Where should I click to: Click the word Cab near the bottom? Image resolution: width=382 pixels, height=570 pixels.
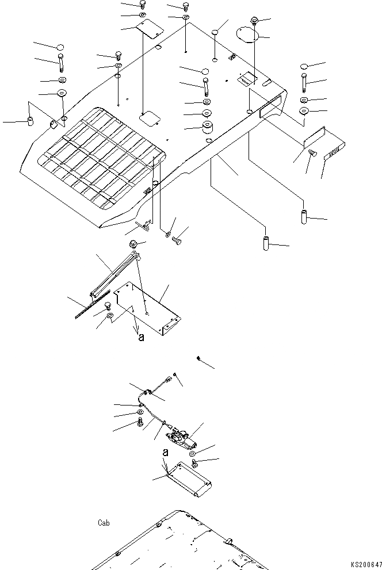pyautogui.click(x=104, y=523)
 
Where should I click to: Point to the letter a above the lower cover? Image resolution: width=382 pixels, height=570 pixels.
pyautogui.click(x=165, y=453)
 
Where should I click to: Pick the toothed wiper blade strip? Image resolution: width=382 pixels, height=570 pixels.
pyautogui.click(x=92, y=307)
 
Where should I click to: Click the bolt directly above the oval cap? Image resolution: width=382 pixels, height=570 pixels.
pyautogui.click(x=254, y=22)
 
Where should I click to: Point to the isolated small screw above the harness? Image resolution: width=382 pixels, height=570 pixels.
pyautogui.click(x=199, y=358)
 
